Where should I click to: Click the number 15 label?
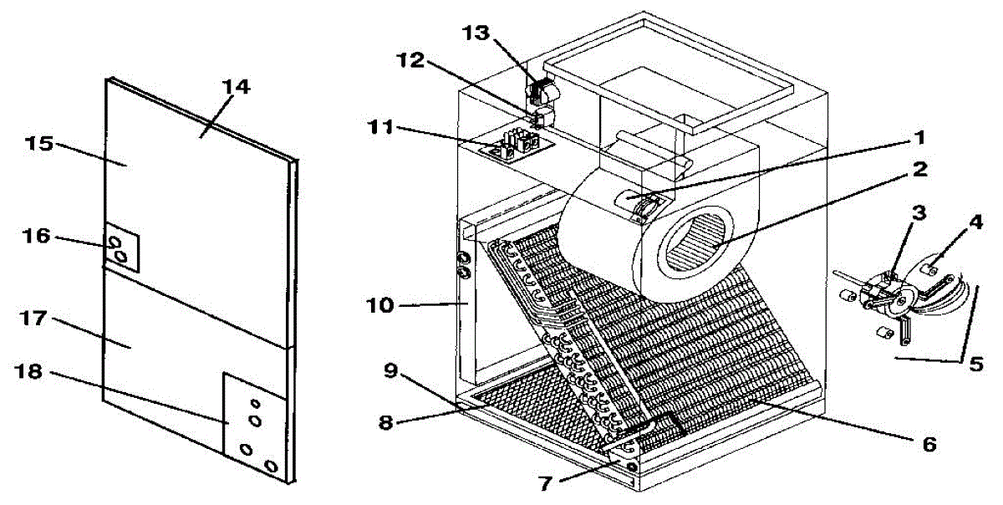39,143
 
